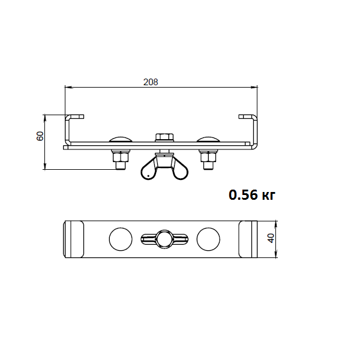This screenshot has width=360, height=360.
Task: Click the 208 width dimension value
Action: tap(151, 82)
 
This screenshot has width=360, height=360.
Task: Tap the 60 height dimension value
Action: tap(40, 136)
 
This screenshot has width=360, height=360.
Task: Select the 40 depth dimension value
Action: tap(271, 238)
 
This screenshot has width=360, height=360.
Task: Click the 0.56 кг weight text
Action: tap(252, 195)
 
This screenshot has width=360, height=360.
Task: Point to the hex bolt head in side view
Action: tap(164, 137)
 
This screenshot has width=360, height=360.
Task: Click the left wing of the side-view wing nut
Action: tap(148, 170)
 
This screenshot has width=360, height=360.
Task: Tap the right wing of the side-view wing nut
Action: tap(180, 170)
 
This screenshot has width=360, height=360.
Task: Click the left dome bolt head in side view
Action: tap(121, 140)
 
